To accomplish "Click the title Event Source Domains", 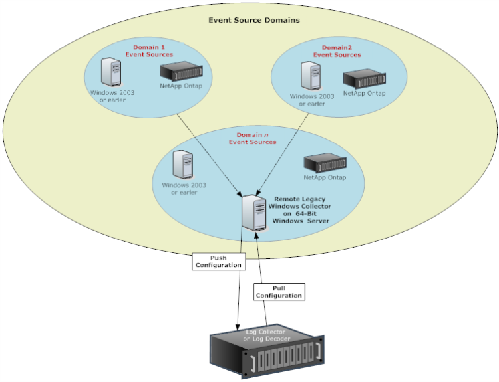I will pos(253,20).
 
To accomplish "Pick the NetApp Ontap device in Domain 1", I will pos(180,70).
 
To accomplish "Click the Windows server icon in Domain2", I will pos(308,76).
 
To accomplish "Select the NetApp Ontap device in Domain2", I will pos(364,78).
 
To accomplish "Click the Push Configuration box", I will pos(218,260).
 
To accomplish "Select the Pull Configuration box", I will pos(278,291).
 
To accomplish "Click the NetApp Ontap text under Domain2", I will pos(364,94).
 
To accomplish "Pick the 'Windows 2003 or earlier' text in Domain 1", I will pos(112,96).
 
